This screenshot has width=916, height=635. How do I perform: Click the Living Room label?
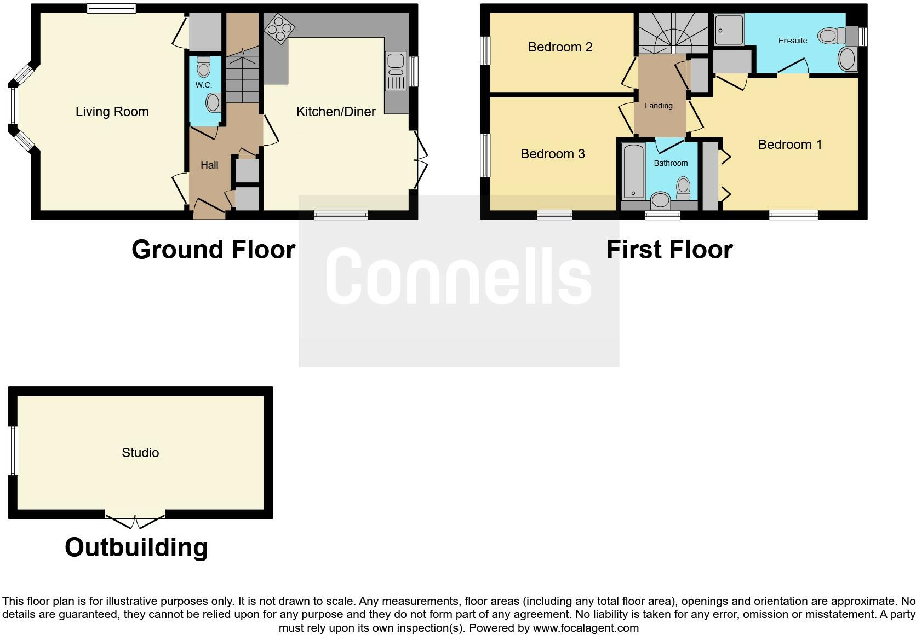pos(112,112)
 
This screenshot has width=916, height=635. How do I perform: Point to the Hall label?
pos(209,165)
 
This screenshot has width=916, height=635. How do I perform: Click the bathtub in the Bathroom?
pos(633,170)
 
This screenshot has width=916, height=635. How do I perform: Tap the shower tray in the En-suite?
pos(729,30)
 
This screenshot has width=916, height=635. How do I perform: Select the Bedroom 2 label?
pos(560,47)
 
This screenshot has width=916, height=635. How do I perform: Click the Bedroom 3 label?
pos(552,154)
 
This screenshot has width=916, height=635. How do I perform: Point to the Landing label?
pos(658,106)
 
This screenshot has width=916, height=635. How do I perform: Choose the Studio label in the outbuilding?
pos(140,453)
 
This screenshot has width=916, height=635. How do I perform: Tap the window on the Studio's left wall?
pos(13,451)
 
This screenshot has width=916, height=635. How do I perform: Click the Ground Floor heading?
pos(213,250)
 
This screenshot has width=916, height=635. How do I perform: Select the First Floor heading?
pos(669,250)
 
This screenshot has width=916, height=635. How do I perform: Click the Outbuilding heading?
pos(136,547)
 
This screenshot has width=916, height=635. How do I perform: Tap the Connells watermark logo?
pos(459,276)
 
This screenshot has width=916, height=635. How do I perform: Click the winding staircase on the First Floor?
pos(673,33)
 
